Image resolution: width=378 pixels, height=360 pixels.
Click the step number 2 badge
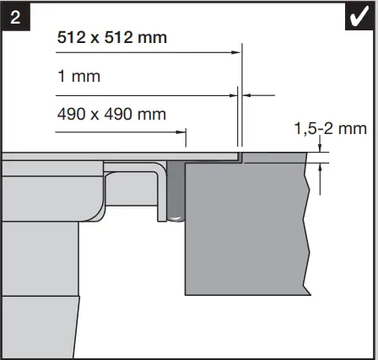click(14, 15)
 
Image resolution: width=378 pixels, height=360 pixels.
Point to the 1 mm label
click(78, 77)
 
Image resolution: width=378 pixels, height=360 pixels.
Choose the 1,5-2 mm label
click(330, 129)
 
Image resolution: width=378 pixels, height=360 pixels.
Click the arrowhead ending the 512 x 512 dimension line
click(236, 52)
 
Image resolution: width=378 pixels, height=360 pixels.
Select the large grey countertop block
click(245, 228)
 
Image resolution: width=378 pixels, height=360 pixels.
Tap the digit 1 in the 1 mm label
click(61, 77)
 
